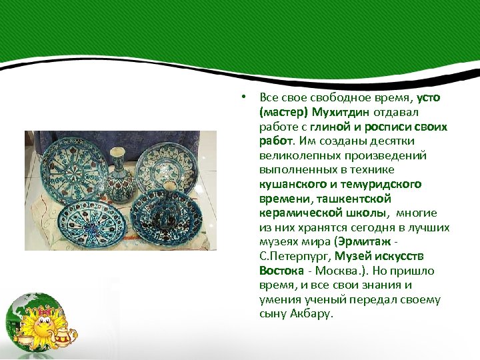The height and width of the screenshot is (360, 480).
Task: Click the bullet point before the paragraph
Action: [245, 97]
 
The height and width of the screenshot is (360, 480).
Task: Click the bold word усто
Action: [428, 97]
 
